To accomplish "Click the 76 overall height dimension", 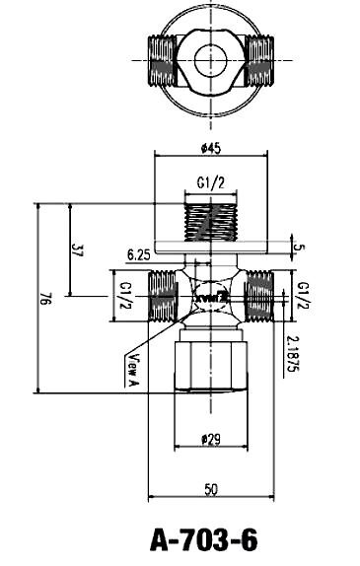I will (x=45, y=301).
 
